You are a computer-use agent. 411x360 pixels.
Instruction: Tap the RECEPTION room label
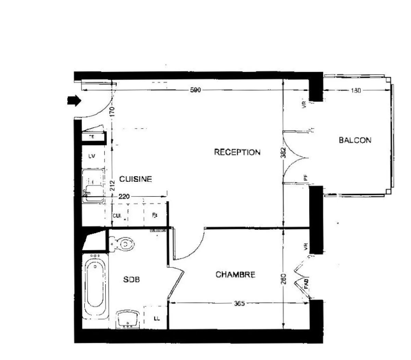(x=237, y=152)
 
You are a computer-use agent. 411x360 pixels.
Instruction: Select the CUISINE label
(x=135, y=179)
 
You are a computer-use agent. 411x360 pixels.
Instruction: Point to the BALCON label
(x=355, y=140)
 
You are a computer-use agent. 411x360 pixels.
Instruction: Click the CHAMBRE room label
(x=235, y=275)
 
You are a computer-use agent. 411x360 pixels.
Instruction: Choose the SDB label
(x=131, y=280)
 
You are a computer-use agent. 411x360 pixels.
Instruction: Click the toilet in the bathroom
(x=123, y=244)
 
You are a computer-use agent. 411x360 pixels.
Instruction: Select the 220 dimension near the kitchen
(x=124, y=196)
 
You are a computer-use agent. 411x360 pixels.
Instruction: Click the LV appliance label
(x=91, y=156)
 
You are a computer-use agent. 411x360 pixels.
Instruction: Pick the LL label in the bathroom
(x=156, y=319)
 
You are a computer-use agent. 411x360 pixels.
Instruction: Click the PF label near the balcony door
(x=306, y=178)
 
